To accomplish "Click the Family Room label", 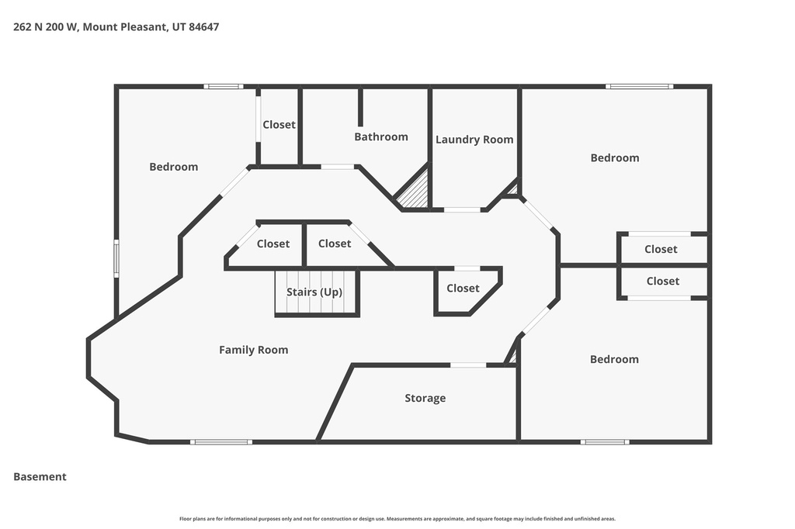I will tap(253, 350).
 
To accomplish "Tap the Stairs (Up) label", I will tap(314, 292).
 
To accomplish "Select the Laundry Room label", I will tap(474, 140).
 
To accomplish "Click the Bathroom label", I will tap(380, 137).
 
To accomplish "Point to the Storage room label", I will tap(425, 398).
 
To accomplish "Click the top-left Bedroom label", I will tap(173, 167).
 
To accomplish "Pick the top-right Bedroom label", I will tap(614, 157).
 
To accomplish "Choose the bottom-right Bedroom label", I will tap(614, 359).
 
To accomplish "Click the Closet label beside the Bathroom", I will tap(279, 124).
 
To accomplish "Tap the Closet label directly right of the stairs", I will tap(463, 288).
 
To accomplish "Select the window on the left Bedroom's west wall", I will tap(116, 258).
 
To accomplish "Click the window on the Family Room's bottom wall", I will tap(221, 442).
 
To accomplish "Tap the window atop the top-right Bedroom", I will tap(640, 86).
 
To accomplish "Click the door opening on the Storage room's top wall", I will tap(468, 365).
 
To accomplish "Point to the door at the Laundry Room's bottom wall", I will tap(462, 209).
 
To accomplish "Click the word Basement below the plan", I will tap(40, 477).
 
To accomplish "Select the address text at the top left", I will tap(116, 26).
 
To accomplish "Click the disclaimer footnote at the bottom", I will tap(397, 519).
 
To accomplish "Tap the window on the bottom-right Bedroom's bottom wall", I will tap(605, 442).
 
